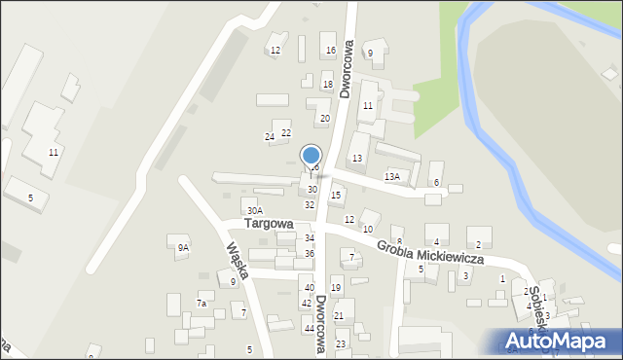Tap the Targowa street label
(269, 223)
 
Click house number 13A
(392, 176)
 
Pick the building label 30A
(255, 210)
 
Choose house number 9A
(182, 248)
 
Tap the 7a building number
(202, 304)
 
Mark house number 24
(270, 137)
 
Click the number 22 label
(286, 132)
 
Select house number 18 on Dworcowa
(328, 85)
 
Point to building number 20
(325, 118)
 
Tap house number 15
(337, 196)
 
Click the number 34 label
(310, 237)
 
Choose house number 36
(310, 253)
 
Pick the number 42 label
(307, 304)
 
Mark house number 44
(309, 329)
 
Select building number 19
(336, 288)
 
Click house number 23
(341, 344)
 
